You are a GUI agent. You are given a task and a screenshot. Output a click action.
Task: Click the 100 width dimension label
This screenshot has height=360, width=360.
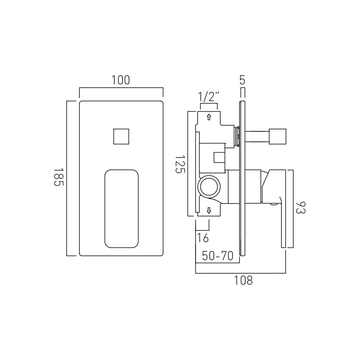(121, 80)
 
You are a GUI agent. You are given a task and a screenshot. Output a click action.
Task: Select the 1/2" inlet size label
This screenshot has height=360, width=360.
(208, 97)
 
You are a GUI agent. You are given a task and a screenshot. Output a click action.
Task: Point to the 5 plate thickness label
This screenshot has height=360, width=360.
(242, 80)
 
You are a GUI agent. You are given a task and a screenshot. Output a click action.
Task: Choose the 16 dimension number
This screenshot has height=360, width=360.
(203, 238)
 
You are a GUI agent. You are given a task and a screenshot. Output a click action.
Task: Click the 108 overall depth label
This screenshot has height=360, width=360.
(243, 280)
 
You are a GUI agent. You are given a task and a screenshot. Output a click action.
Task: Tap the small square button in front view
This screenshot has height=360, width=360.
(122, 136)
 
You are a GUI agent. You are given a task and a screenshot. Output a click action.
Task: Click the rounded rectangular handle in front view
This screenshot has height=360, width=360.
(122, 208)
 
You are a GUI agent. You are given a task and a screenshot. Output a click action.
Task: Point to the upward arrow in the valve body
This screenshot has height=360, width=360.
(209, 117)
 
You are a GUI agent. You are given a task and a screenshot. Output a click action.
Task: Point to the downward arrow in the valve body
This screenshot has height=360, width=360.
(209, 211)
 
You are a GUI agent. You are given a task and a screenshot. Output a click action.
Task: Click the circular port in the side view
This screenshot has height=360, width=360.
(209, 187)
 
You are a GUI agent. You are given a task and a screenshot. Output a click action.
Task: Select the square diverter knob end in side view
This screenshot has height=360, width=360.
(278, 136)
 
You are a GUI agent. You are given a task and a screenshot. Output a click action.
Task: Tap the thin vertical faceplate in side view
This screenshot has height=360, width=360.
(242, 178)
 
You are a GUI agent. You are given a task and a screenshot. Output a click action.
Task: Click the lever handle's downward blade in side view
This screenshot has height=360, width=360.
(283, 226)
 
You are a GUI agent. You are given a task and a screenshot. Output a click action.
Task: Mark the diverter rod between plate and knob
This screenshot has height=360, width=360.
(257, 136)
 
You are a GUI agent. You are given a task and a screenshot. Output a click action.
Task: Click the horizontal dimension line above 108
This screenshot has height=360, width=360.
(241, 273)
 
